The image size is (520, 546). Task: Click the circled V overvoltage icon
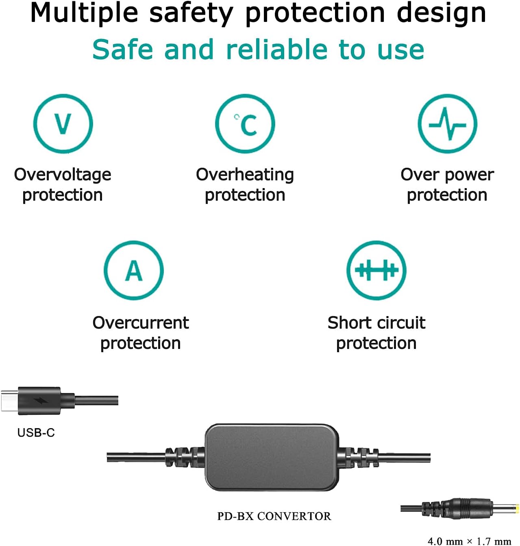(x=63, y=123)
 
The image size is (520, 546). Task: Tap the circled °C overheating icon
(x=245, y=123)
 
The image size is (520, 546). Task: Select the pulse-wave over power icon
(x=447, y=123)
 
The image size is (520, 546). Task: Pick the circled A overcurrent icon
(x=134, y=270)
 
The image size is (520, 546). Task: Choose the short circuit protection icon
(x=376, y=270)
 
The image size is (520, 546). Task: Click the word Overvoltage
(x=63, y=175)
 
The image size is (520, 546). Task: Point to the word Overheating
(x=245, y=175)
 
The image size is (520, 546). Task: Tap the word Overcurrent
(x=141, y=323)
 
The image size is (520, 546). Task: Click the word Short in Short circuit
(x=348, y=323)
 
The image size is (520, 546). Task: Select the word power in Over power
(x=469, y=175)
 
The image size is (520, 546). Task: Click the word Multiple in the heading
(x=84, y=13)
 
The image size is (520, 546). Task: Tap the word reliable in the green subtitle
(x=277, y=50)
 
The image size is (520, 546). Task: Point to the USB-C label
(x=36, y=432)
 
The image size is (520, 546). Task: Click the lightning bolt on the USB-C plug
(x=41, y=401)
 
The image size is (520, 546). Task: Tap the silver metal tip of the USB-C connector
(x=9, y=401)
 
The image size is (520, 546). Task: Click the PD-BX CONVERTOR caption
(x=274, y=516)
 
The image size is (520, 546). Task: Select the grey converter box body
(x=272, y=457)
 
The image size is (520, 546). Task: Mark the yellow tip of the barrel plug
(x=517, y=509)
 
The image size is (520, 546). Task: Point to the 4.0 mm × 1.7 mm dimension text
(x=470, y=541)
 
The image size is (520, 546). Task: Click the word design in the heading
(x=442, y=14)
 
